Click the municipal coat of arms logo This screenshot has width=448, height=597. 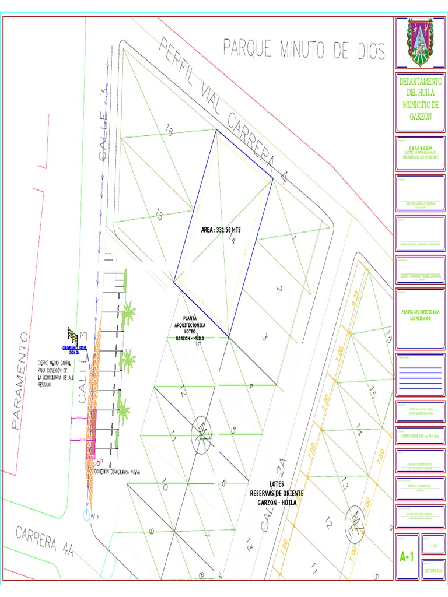click(x=420, y=43)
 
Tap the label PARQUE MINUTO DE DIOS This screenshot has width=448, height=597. click(x=304, y=50)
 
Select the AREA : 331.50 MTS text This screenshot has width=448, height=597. click(x=220, y=230)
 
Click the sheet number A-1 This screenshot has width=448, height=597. click(x=407, y=557)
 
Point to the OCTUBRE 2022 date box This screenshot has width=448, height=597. click(x=434, y=570)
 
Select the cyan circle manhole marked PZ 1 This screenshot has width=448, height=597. click(x=87, y=516)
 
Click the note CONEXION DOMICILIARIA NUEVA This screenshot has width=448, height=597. click(x=119, y=472)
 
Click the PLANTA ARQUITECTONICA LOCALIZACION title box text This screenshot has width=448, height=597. click(x=420, y=316)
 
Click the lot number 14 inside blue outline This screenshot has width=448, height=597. click(x=231, y=239)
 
